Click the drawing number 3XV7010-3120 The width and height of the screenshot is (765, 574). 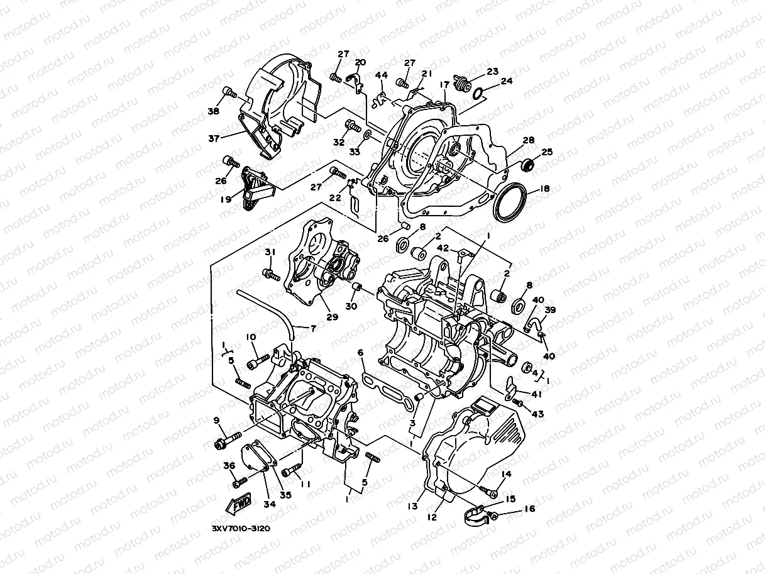coord(241,529)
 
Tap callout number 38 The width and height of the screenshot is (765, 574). coord(214,111)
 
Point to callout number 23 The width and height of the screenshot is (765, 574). coord(492,71)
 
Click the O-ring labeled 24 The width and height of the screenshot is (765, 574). coord(478,94)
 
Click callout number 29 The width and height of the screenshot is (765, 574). coord(332,317)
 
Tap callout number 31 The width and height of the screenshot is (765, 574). coord(270,252)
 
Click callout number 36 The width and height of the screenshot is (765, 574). coord(228,466)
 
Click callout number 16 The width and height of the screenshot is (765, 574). coord(529,509)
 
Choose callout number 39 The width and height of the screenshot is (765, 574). coord(549,311)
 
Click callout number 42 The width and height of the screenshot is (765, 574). coord(443,248)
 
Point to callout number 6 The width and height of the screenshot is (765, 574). coord(361,353)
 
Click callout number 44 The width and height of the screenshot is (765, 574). coord(382,75)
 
